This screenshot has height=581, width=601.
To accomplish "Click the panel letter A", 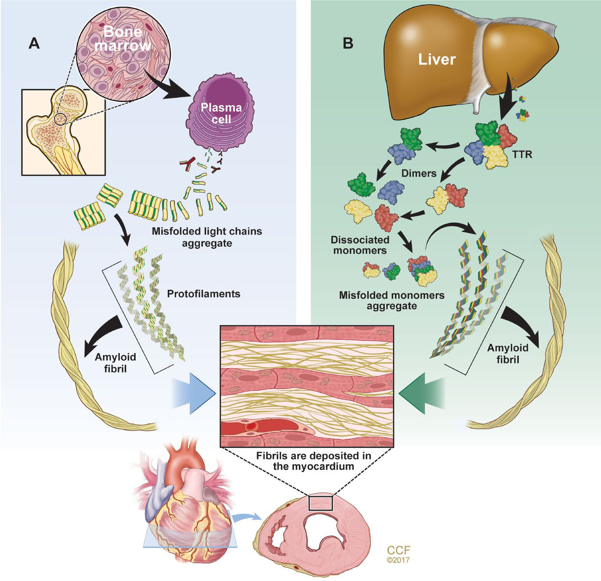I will pyautogui.click(x=34, y=43).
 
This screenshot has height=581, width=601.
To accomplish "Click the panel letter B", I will pyautogui.click(x=348, y=43).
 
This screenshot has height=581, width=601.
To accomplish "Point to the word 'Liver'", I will pyautogui.click(x=437, y=60).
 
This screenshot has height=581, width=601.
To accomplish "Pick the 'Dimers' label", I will pyautogui.click(x=419, y=173).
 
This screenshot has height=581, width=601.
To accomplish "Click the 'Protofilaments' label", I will pyautogui.click(x=203, y=294).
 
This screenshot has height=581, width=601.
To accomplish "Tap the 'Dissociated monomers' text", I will pyautogui.click(x=360, y=245).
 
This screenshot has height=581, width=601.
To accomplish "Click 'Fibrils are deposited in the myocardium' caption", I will pyautogui.click(x=307, y=461).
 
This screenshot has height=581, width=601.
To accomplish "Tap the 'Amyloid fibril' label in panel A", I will pyautogui.click(x=111, y=363).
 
